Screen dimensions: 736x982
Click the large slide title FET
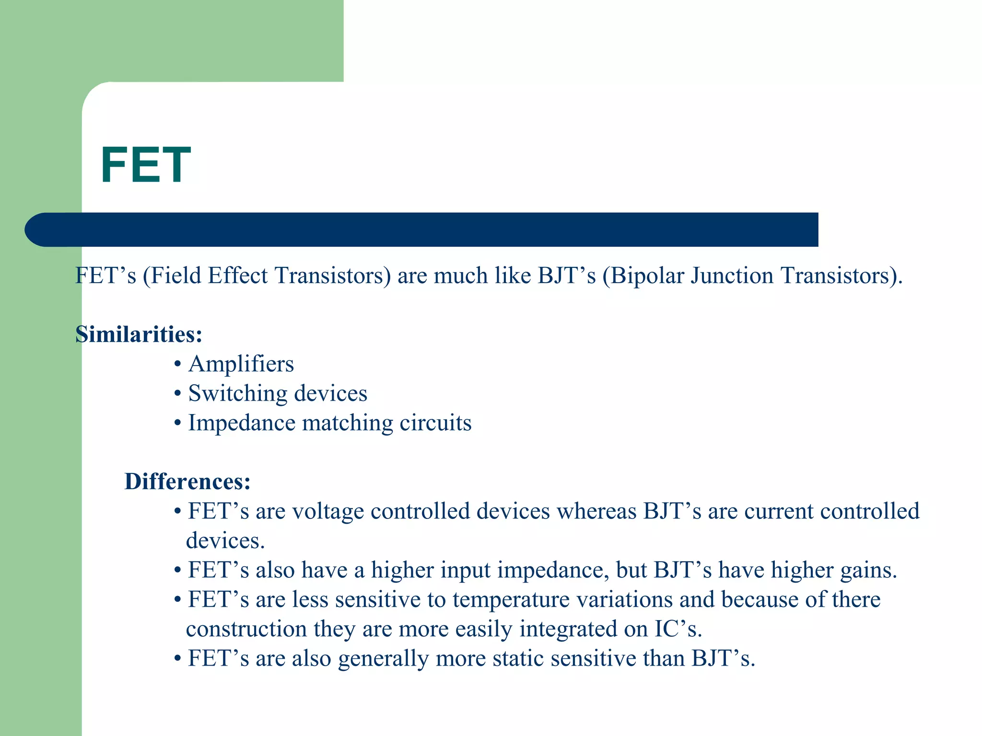tap(146, 165)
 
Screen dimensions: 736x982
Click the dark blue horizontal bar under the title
tap(422, 230)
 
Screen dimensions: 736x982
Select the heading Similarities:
tap(139, 334)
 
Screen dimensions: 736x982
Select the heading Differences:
tap(187, 482)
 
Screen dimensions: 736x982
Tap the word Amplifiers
tap(241, 364)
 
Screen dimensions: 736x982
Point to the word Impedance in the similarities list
tap(242, 423)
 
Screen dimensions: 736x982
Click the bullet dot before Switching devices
tap(177, 394)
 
